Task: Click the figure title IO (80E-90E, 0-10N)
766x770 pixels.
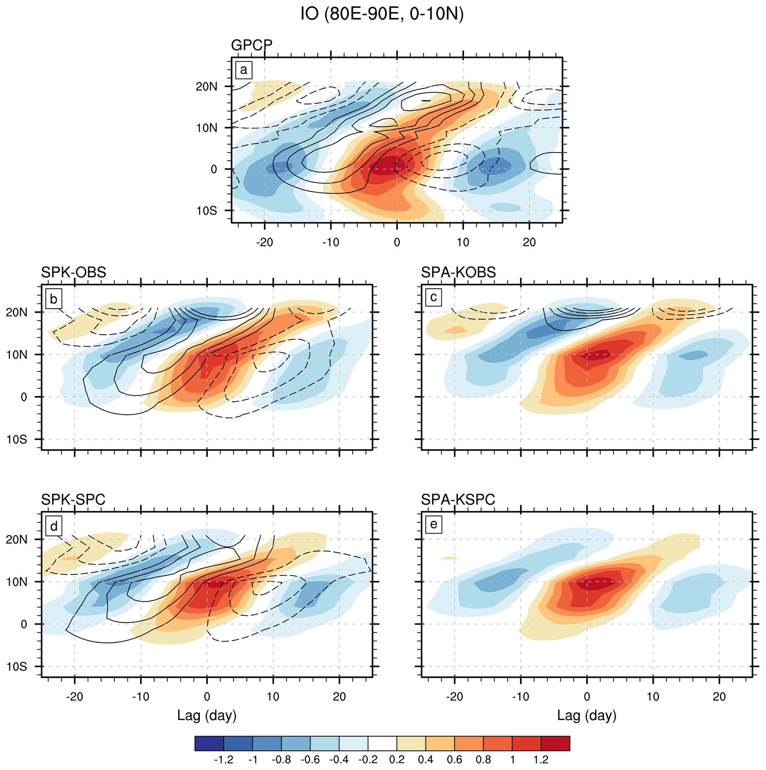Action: click(x=382, y=15)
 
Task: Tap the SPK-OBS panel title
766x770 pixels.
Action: click(x=74, y=272)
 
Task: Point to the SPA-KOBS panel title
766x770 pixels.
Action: click(x=458, y=272)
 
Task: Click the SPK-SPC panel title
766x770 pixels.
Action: click(x=73, y=499)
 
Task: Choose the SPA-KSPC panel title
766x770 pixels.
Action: click(x=458, y=499)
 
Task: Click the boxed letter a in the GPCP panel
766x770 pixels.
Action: click(x=243, y=70)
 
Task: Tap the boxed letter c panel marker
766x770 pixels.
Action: click(x=433, y=297)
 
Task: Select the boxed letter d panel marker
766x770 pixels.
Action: click(x=53, y=527)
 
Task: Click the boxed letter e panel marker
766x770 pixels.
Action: click(x=433, y=524)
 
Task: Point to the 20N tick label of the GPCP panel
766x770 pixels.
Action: click(x=206, y=86)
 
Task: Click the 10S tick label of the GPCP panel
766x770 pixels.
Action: click(x=206, y=210)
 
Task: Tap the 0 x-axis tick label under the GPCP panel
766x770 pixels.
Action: click(x=397, y=242)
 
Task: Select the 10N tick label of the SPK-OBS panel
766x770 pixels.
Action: click(x=17, y=355)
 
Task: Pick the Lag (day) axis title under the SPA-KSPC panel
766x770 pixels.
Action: click(x=587, y=716)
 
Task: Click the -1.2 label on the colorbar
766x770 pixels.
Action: click(x=223, y=759)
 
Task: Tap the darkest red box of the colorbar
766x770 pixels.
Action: click(x=555, y=743)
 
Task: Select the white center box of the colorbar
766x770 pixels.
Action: click(x=382, y=743)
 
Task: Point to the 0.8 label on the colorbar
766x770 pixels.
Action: click(x=484, y=759)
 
